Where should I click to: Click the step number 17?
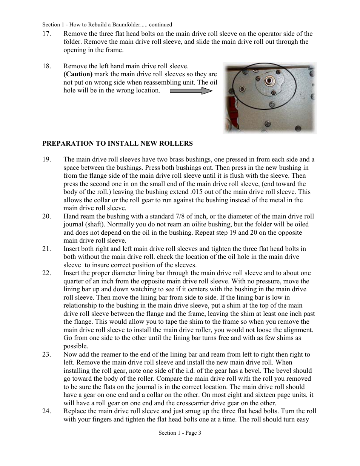[46, 34]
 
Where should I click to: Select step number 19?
[46, 159]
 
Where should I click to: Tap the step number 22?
[46, 273]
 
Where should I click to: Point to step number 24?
[46, 411]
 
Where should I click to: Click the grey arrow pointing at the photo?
[191, 91]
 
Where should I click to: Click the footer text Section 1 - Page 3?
[180, 433]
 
